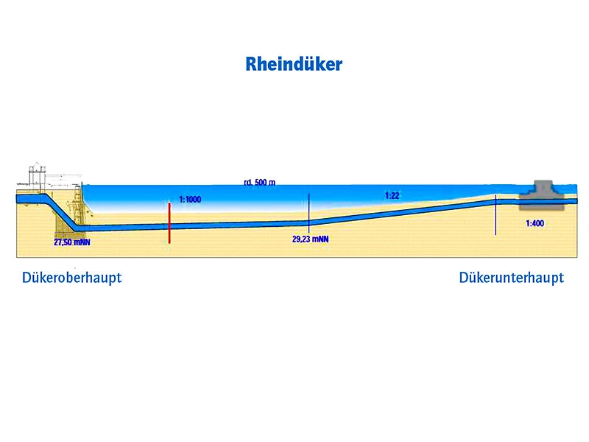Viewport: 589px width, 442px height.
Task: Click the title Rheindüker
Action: (x=294, y=65)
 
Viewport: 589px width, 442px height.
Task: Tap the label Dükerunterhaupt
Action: (x=511, y=278)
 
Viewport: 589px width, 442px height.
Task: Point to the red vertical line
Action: (x=169, y=221)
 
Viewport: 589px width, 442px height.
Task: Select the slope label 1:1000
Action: (x=190, y=200)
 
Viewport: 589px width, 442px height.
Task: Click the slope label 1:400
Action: (x=535, y=223)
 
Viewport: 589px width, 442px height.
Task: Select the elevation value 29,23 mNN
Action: (x=310, y=239)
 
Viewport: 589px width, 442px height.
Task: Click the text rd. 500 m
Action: (x=260, y=181)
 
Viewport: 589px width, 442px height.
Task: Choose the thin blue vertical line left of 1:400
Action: (x=495, y=214)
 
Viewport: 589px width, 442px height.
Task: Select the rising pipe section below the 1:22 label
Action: (x=398, y=211)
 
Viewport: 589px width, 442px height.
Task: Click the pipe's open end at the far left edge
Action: (x=19, y=198)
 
